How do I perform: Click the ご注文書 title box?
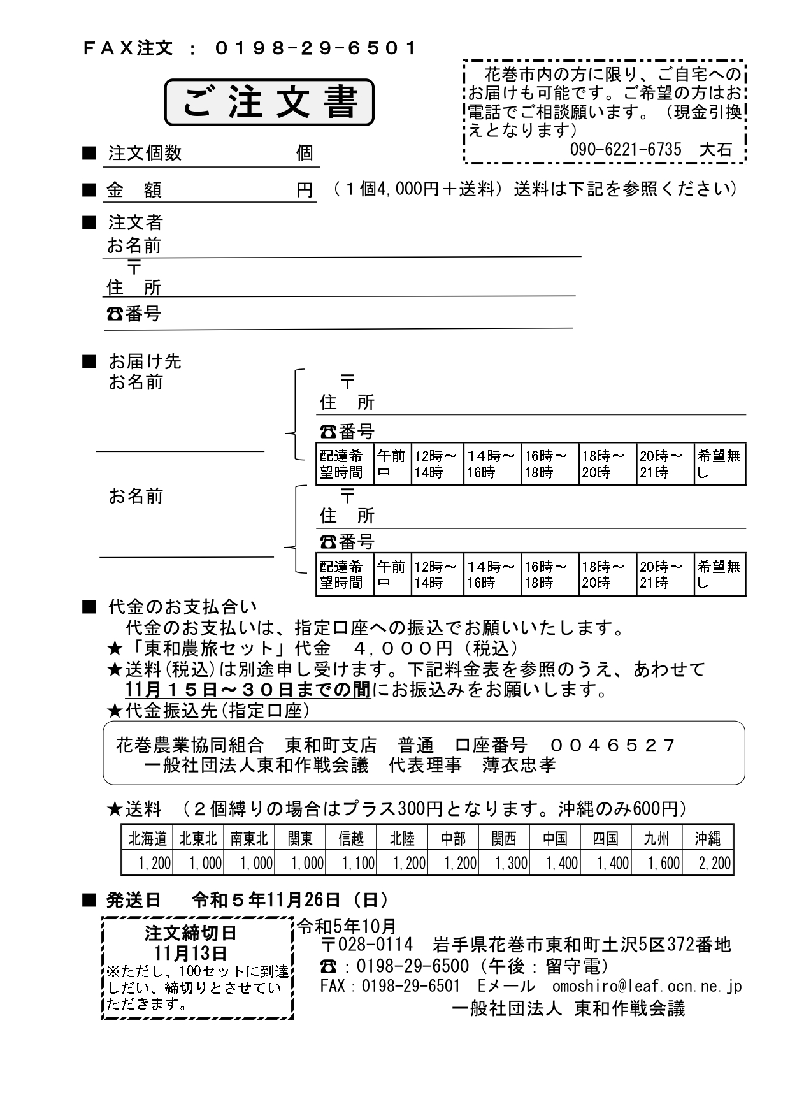pyautogui.click(x=269, y=102)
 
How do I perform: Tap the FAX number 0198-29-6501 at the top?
pyautogui.click(x=317, y=48)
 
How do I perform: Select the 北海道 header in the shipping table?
pyautogui.click(x=147, y=838)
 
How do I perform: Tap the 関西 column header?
pyautogui.click(x=504, y=838)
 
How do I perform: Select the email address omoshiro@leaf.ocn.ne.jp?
pyautogui.click(x=647, y=986)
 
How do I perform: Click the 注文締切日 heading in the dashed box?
pyautogui.click(x=190, y=933)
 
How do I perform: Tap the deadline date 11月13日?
pyautogui.click(x=190, y=953)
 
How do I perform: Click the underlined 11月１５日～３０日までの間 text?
pyautogui.click(x=248, y=690)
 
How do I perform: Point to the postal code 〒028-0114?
pyautogui.click(x=367, y=944)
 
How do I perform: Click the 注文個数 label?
pyautogui.click(x=145, y=153)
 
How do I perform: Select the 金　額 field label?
pyautogui.click(x=134, y=190)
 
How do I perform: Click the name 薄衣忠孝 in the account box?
pyautogui.click(x=519, y=764)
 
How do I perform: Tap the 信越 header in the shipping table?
pyautogui.click(x=351, y=838)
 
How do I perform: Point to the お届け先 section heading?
pyautogui.click(x=145, y=361)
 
